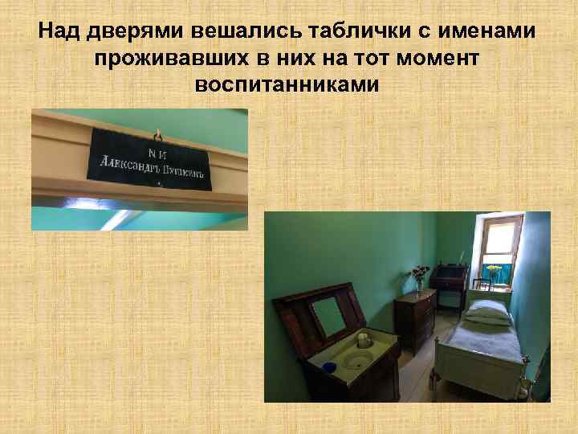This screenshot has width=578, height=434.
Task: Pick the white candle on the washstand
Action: pyautogui.click(x=363, y=339)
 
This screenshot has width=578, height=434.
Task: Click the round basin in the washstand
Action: pyautogui.click(x=359, y=360)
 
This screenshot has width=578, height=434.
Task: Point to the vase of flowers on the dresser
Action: pyautogui.click(x=419, y=277)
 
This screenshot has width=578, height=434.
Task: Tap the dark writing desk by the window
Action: pyautogui.click(x=449, y=281)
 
